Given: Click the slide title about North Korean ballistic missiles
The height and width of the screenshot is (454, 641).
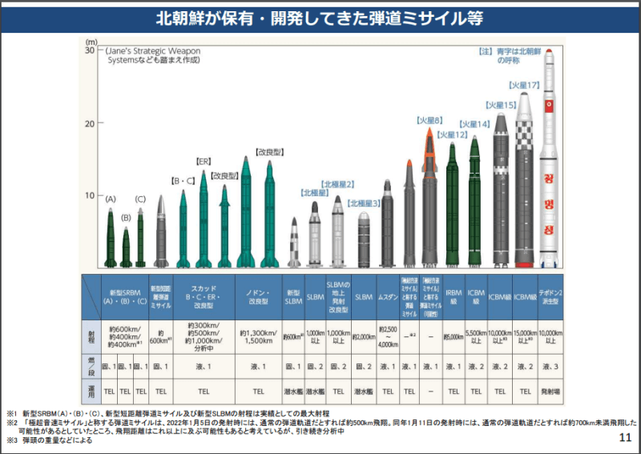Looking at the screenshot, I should point(320,17).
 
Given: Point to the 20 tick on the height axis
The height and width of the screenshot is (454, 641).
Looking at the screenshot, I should point(91,123).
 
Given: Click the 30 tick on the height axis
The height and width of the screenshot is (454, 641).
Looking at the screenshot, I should point(91,50).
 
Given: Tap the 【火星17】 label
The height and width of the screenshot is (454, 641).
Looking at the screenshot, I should point(523,85).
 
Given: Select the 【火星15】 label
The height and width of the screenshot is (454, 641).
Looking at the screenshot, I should point(499,104).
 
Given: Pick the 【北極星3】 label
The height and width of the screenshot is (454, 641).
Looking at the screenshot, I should point(363,203).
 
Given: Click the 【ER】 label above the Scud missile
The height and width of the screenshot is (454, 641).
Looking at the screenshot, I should point(203,161).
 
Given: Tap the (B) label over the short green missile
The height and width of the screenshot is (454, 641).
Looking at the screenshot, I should point(126,217).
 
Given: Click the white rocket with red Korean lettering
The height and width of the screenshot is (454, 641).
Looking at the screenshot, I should point(550,160).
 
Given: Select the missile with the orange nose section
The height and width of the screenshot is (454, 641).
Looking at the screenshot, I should point(429,200).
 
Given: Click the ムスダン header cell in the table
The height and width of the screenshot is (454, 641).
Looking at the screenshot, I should point(388,296).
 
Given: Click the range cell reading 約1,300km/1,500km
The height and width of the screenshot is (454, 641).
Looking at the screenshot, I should point(258,337).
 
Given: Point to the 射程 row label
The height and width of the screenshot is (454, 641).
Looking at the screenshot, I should point(91,337).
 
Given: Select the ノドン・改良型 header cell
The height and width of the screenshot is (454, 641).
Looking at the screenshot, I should point(258,296).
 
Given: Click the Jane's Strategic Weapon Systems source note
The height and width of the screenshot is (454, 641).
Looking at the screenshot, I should point(152,55).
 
